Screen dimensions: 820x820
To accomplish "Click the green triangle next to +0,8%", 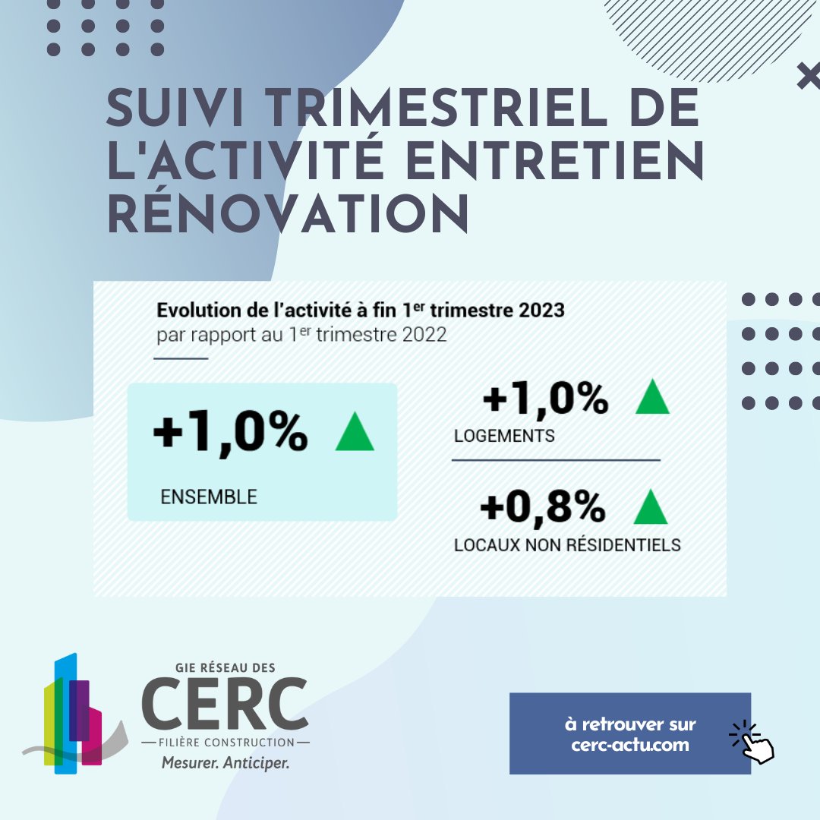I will pyautogui.click(x=650, y=507).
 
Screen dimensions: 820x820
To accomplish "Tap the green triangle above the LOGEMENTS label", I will pyautogui.click(x=652, y=397).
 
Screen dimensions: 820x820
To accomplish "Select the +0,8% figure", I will pyautogui.click(x=542, y=507).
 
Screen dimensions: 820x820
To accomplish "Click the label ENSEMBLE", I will pyautogui.click(x=209, y=497).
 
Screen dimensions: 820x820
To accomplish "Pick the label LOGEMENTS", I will pyautogui.click(x=504, y=436).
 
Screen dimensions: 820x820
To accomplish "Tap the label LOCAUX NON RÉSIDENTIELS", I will pyautogui.click(x=567, y=545).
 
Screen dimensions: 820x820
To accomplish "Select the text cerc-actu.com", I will pyautogui.click(x=629, y=744).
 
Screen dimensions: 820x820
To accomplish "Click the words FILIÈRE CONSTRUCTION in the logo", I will pyautogui.click(x=225, y=741).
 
